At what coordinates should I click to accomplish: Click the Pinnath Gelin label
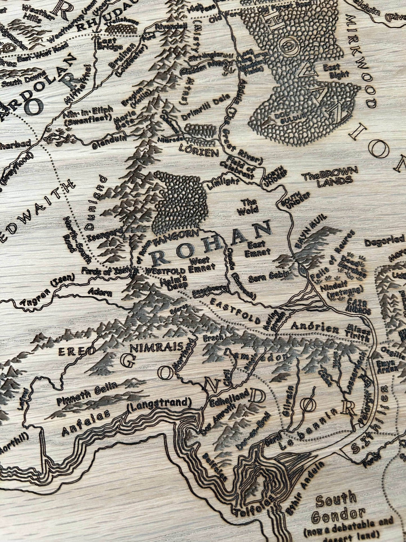click(x=87, y=391)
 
